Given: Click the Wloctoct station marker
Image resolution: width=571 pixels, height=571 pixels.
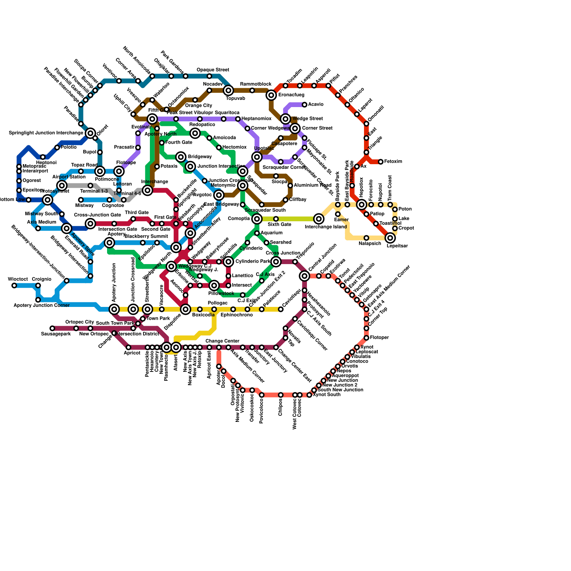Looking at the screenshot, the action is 14,285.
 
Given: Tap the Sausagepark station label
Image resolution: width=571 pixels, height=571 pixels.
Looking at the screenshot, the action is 56,334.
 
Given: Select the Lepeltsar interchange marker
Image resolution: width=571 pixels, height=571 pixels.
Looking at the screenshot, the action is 390,238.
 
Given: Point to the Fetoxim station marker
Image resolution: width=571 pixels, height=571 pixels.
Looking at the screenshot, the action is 381,162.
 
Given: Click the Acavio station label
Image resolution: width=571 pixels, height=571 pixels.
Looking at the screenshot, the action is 316,105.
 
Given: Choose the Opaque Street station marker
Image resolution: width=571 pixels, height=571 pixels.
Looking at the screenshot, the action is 209,76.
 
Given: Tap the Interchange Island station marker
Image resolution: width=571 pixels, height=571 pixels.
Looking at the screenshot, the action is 319,219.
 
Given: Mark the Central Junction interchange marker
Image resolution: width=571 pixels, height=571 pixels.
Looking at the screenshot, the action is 304,276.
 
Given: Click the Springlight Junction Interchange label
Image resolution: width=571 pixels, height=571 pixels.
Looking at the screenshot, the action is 46,133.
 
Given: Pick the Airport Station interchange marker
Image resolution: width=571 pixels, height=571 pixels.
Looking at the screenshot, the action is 62,186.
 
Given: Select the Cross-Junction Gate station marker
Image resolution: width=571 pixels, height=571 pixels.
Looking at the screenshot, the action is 91,224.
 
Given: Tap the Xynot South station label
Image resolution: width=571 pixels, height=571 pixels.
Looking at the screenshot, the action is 327,395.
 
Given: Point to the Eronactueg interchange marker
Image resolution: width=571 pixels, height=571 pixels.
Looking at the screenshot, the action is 272,95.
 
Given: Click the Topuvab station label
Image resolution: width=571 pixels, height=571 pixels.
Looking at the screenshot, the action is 236,98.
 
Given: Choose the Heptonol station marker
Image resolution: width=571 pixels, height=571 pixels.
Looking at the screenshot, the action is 43,157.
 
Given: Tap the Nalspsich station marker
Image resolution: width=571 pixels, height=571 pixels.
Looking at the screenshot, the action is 367,238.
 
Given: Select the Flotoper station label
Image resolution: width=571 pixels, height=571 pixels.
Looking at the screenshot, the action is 379,338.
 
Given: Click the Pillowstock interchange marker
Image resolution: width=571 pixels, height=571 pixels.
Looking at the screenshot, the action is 214,285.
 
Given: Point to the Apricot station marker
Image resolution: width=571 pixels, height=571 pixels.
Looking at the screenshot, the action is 128,347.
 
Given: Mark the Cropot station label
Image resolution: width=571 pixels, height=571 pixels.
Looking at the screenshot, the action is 406,228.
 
